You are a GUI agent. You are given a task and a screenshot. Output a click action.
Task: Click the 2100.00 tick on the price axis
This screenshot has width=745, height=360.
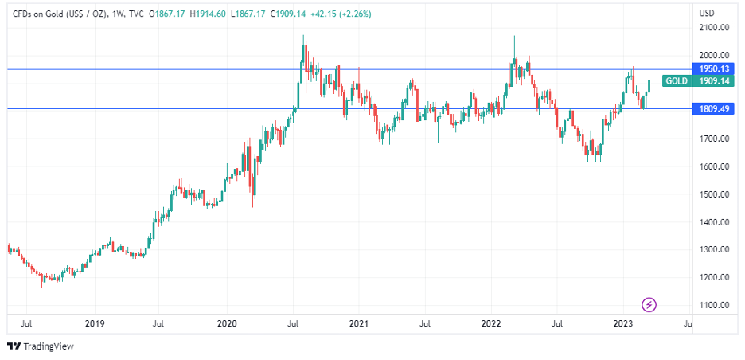[x=714, y=28]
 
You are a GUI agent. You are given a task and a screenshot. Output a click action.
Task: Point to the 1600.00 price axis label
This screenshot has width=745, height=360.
[x=714, y=166]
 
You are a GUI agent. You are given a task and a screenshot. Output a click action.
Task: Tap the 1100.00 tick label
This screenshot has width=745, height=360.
[x=714, y=305]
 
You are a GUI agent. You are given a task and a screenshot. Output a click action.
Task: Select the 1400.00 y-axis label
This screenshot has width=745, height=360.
[x=714, y=222]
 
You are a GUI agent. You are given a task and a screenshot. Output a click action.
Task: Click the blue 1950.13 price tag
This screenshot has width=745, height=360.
[x=714, y=69]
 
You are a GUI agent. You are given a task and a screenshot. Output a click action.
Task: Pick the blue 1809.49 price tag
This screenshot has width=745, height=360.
[x=714, y=108]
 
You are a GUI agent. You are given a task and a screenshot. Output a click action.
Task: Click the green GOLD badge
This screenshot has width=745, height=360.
[x=677, y=81]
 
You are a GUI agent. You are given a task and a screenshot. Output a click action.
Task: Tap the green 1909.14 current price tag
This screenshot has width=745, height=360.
[x=714, y=81]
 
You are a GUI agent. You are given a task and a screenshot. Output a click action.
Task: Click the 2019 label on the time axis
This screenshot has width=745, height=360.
[x=95, y=324]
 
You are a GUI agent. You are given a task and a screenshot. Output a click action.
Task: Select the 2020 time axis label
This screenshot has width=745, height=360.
[x=227, y=324]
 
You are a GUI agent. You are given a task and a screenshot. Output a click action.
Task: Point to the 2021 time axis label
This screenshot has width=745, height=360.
[x=359, y=324]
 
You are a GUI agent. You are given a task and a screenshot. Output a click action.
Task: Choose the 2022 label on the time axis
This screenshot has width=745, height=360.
[x=491, y=324]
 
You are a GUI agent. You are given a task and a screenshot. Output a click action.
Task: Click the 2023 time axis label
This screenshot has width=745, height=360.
[x=623, y=324]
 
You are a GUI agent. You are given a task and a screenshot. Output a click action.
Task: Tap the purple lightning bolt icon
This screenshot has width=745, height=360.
[x=649, y=304]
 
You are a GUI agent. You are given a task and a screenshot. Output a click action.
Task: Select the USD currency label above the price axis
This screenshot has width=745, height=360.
[x=706, y=14]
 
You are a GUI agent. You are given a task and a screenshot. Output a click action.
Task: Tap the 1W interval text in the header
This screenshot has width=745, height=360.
[x=118, y=14]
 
